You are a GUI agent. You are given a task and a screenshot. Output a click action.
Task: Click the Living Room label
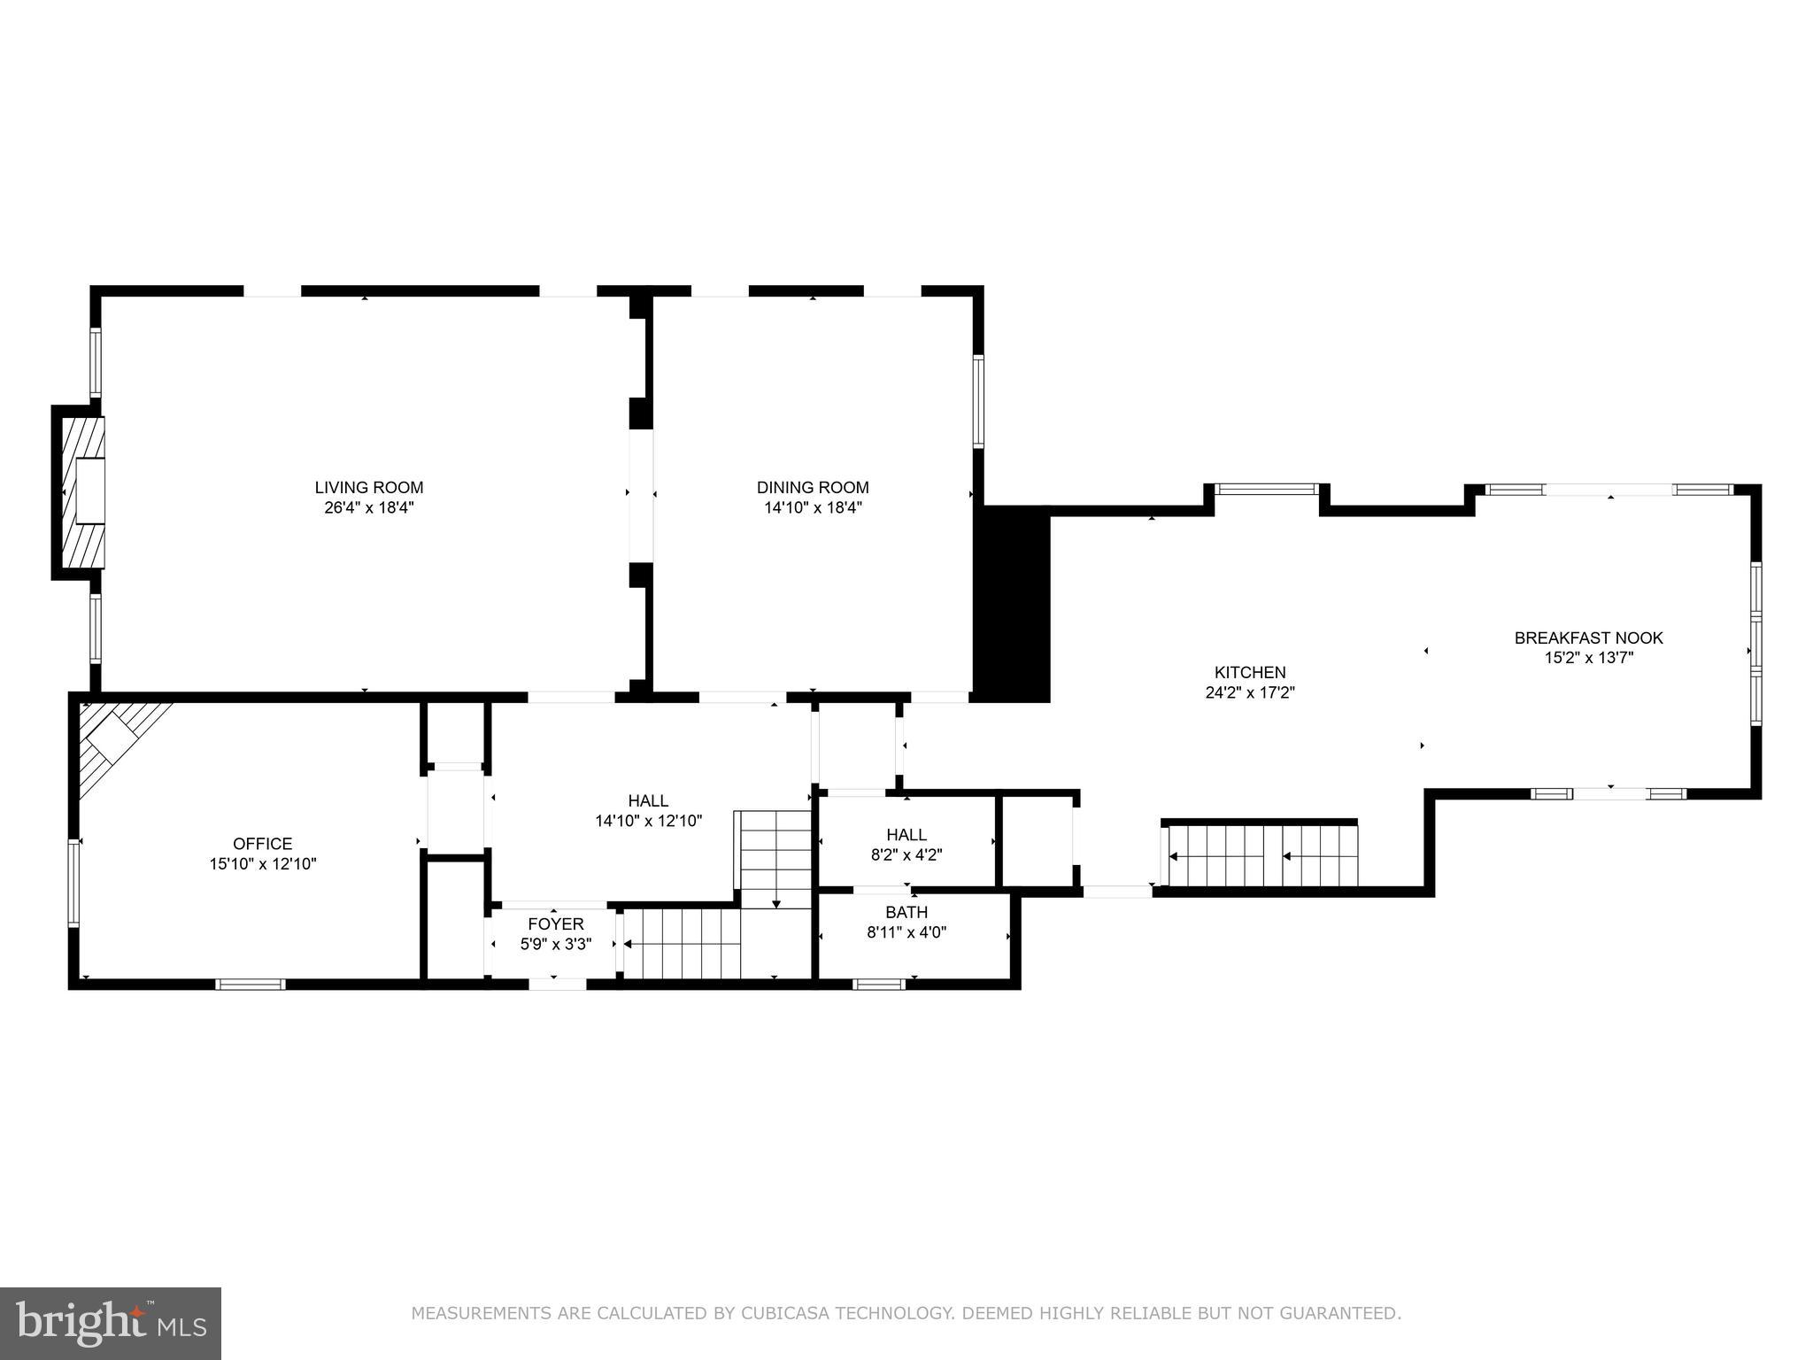tap(369, 488)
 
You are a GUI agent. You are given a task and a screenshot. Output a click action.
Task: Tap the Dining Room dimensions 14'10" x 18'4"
tap(813, 508)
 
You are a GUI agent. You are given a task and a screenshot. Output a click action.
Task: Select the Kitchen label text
tap(1250, 673)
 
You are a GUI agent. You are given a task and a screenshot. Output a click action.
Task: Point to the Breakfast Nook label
tap(1588, 637)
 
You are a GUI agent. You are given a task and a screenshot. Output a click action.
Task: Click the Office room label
tap(262, 844)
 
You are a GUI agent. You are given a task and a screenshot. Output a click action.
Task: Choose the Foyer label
tap(555, 924)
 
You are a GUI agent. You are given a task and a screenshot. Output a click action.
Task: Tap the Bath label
tap(906, 912)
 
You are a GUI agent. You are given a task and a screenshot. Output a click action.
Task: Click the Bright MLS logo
tap(110, 1323)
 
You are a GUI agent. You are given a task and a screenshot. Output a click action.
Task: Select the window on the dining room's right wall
tap(978, 401)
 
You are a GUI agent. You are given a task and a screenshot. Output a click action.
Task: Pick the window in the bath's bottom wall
tap(878, 984)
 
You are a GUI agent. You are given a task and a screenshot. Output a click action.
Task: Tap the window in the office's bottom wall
tap(251, 984)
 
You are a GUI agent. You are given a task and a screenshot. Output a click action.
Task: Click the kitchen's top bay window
tap(1266, 489)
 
